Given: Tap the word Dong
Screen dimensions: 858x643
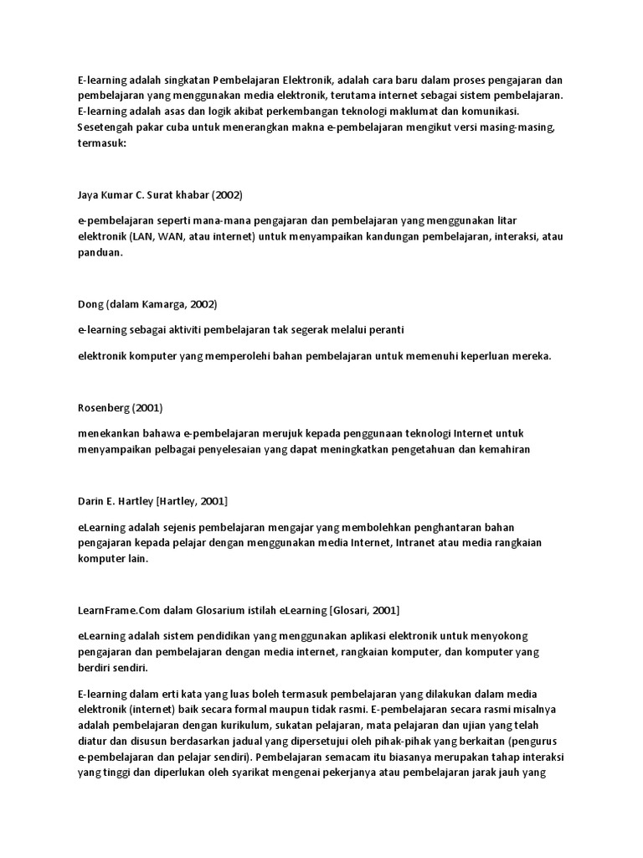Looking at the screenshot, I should pos(90,303).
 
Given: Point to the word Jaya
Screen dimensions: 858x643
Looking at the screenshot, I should pos(89,195).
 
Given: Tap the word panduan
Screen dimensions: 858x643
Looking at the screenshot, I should pos(99,252).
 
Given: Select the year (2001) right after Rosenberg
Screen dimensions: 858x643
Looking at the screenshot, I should pos(146,408).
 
